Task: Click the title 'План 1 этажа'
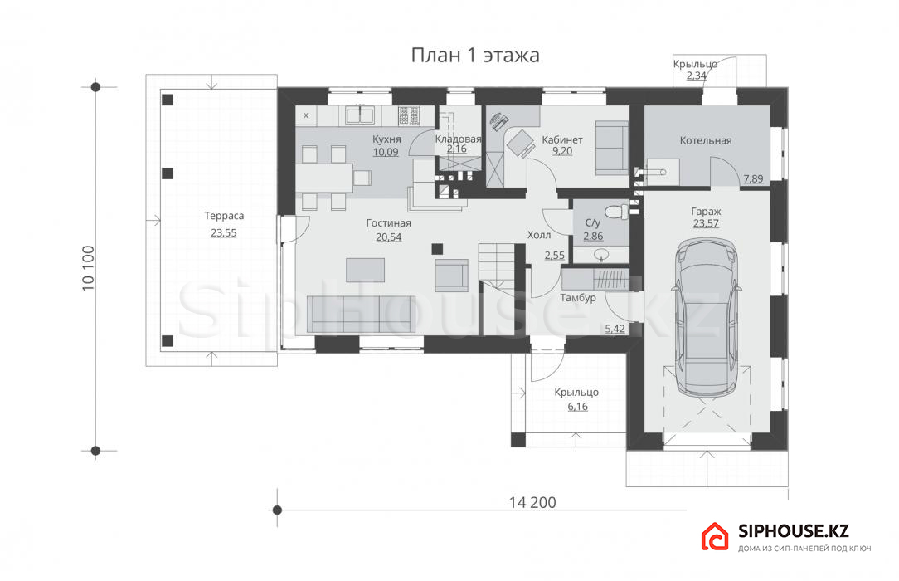click(475, 55)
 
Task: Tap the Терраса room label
click(224, 217)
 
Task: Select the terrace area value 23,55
click(224, 233)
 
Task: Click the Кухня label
click(386, 139)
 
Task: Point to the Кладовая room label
click(458, 139)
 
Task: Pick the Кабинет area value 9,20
click(562, 151)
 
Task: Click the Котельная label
click(706, 140)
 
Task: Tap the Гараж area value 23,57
click(706, 223)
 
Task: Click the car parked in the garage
click(706, 316)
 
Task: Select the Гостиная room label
click(389, 223)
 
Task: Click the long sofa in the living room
click(362, 315)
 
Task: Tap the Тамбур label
click(578, 298)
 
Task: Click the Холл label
click(539, 235)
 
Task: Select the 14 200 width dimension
click(532, 502)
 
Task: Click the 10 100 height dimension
click(88, 268)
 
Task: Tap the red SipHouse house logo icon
click(715, 537)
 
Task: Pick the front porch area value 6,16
click(578, 407)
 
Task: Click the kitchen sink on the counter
click(359, 115)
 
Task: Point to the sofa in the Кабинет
click(612, 148)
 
